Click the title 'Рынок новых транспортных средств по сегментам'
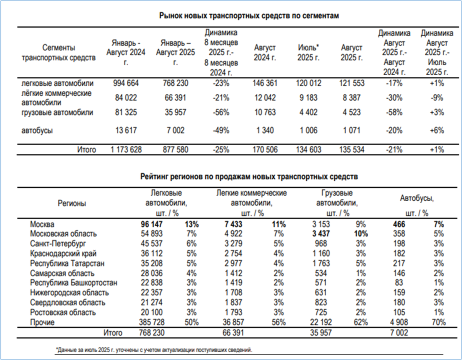[x=249, y=15]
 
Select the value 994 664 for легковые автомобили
[x=125, y=83]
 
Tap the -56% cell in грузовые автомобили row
[x=220, y=112]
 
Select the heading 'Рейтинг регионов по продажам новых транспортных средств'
[x=248, y=176]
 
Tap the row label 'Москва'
[x=42, y=224]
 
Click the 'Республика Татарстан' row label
[x=67, y=263]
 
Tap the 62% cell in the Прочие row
[x=361, y=322]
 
